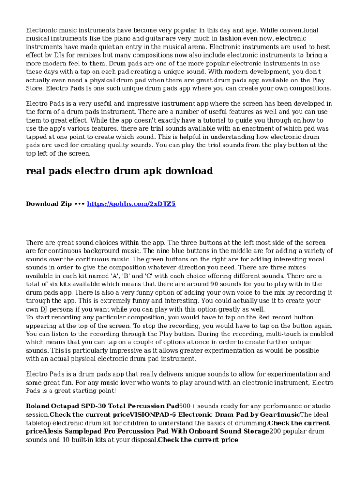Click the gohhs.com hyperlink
(131, 204)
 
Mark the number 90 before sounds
(215, 284)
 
